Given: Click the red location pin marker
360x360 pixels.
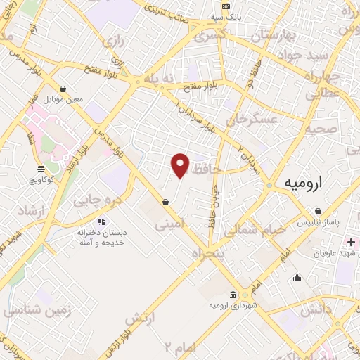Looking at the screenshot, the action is (181, 165).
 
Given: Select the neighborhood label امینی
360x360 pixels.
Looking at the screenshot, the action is (172, 226).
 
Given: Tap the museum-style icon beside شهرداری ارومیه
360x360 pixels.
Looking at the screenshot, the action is (233, 295).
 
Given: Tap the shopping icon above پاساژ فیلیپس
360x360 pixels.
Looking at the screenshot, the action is (319, 211).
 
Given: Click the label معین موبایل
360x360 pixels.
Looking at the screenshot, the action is (64, 99).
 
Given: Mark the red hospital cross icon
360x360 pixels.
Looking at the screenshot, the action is (351, 243).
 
